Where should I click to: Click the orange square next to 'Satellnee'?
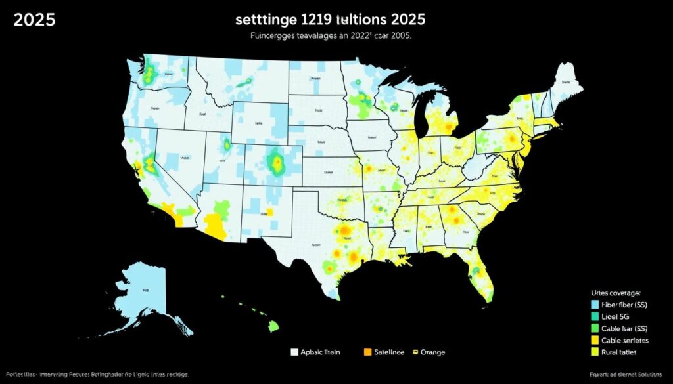pos(367,352)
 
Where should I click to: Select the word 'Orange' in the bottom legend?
pos(431,352)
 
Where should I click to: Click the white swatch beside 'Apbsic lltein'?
pos(294,352)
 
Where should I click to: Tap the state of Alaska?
pos(148,295)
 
